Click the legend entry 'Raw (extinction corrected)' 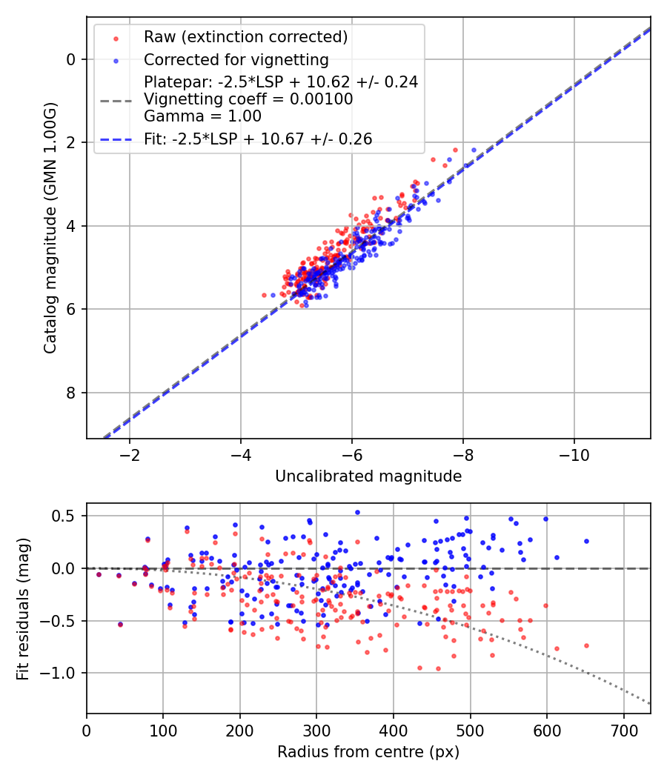point(245,37)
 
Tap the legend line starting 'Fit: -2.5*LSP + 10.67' point(258,139)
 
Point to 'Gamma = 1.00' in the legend point(202,116)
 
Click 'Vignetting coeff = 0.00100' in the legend point(248,99)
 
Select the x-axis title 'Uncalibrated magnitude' point(368,476)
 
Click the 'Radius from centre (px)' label point(368,752)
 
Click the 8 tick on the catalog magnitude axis point(72,393)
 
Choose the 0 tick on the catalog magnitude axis point(72,59)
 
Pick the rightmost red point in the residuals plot point(586,645)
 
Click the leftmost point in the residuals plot point(99,574)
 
